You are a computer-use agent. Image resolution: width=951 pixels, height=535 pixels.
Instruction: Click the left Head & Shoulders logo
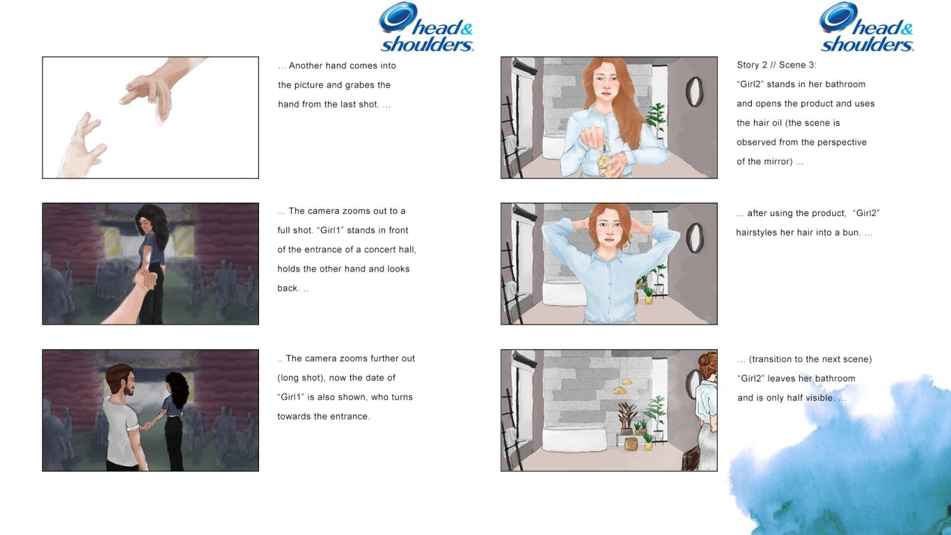[426, 27]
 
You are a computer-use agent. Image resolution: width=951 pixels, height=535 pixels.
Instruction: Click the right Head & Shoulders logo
[867, 27]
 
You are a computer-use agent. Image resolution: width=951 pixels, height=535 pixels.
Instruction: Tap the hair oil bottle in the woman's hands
[604, 162]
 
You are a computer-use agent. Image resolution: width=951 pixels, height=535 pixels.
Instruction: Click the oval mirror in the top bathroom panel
[694, 91]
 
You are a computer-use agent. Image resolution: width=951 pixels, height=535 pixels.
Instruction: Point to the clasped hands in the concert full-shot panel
[146, 281]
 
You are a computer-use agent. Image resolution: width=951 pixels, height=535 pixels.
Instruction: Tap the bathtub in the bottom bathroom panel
[574, 439]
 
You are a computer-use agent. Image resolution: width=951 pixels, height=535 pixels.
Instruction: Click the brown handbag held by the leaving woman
[691, 458]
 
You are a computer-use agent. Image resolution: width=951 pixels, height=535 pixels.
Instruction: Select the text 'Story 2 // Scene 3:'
[776, 65]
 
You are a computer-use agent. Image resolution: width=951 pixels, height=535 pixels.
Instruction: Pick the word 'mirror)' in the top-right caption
[778, 162]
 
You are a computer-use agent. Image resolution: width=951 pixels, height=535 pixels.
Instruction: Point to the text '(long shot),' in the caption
[301, 378]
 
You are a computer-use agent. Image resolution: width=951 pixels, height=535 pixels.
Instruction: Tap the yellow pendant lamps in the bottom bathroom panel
[622, 385]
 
